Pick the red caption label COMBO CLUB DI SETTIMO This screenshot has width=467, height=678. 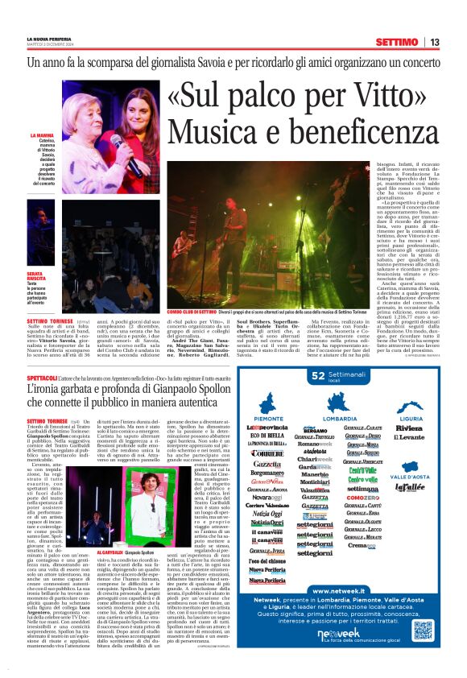[x=192, y=310]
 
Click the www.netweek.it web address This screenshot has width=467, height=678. [x=335, y=592]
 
